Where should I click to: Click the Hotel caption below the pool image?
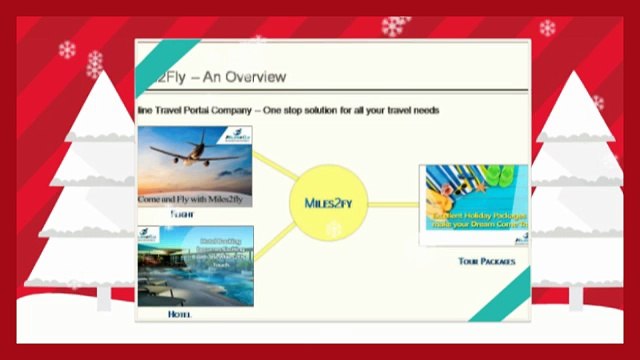(x=180, y=314)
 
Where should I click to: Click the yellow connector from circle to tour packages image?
(x=396, y=204)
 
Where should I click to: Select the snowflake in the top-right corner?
(x=547, y=27)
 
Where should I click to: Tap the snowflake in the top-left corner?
(x=68, y=49)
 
